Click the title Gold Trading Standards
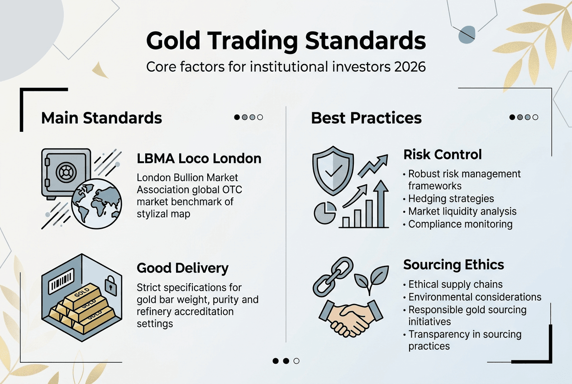coord(286,41)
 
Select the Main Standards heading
coord(101,118)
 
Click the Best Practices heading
coord(366,118)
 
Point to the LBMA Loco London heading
coord(199,159)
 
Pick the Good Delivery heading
coord(182,268)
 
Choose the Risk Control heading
coord(443,154)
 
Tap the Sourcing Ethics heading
coord(453,264)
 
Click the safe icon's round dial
coord(64,173)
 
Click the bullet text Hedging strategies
coord(451,199)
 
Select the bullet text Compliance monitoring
coord(460,224)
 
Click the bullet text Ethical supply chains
coord(455,284)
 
